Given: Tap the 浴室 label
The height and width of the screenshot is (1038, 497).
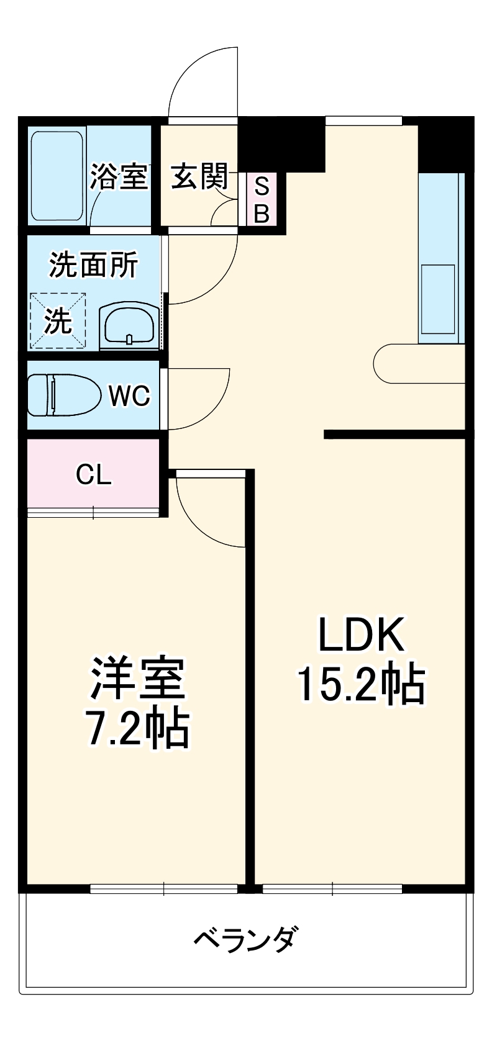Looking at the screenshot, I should [119, 177].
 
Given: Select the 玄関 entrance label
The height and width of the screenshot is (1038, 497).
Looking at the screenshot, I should [199, 177].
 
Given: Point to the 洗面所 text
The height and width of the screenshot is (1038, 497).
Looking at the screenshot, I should [94, 266].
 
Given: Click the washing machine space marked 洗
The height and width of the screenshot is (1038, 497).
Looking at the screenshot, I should [58, 320].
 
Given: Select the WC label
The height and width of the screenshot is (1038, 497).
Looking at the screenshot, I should [130, 395].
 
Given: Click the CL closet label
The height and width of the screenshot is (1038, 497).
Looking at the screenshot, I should [93, 475].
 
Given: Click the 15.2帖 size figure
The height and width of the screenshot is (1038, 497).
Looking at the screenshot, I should [361, 684].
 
